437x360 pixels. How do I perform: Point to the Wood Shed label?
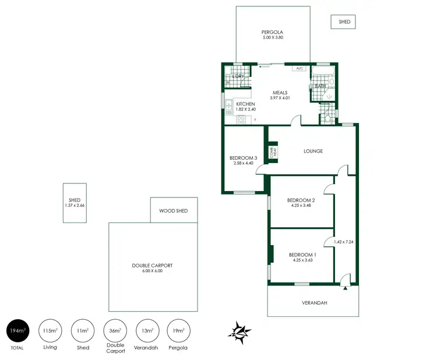174,210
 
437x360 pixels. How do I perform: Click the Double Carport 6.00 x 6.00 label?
152,268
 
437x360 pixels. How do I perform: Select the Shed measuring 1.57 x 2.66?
75,203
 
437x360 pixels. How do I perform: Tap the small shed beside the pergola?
344,22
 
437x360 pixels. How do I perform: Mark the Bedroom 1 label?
302,257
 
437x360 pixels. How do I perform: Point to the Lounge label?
313,151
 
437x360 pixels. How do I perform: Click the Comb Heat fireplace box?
272,152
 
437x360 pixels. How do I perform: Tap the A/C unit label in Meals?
299,68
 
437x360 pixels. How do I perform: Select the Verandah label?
314,303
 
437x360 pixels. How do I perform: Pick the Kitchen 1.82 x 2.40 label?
245,106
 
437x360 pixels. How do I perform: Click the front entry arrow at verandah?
346,287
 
